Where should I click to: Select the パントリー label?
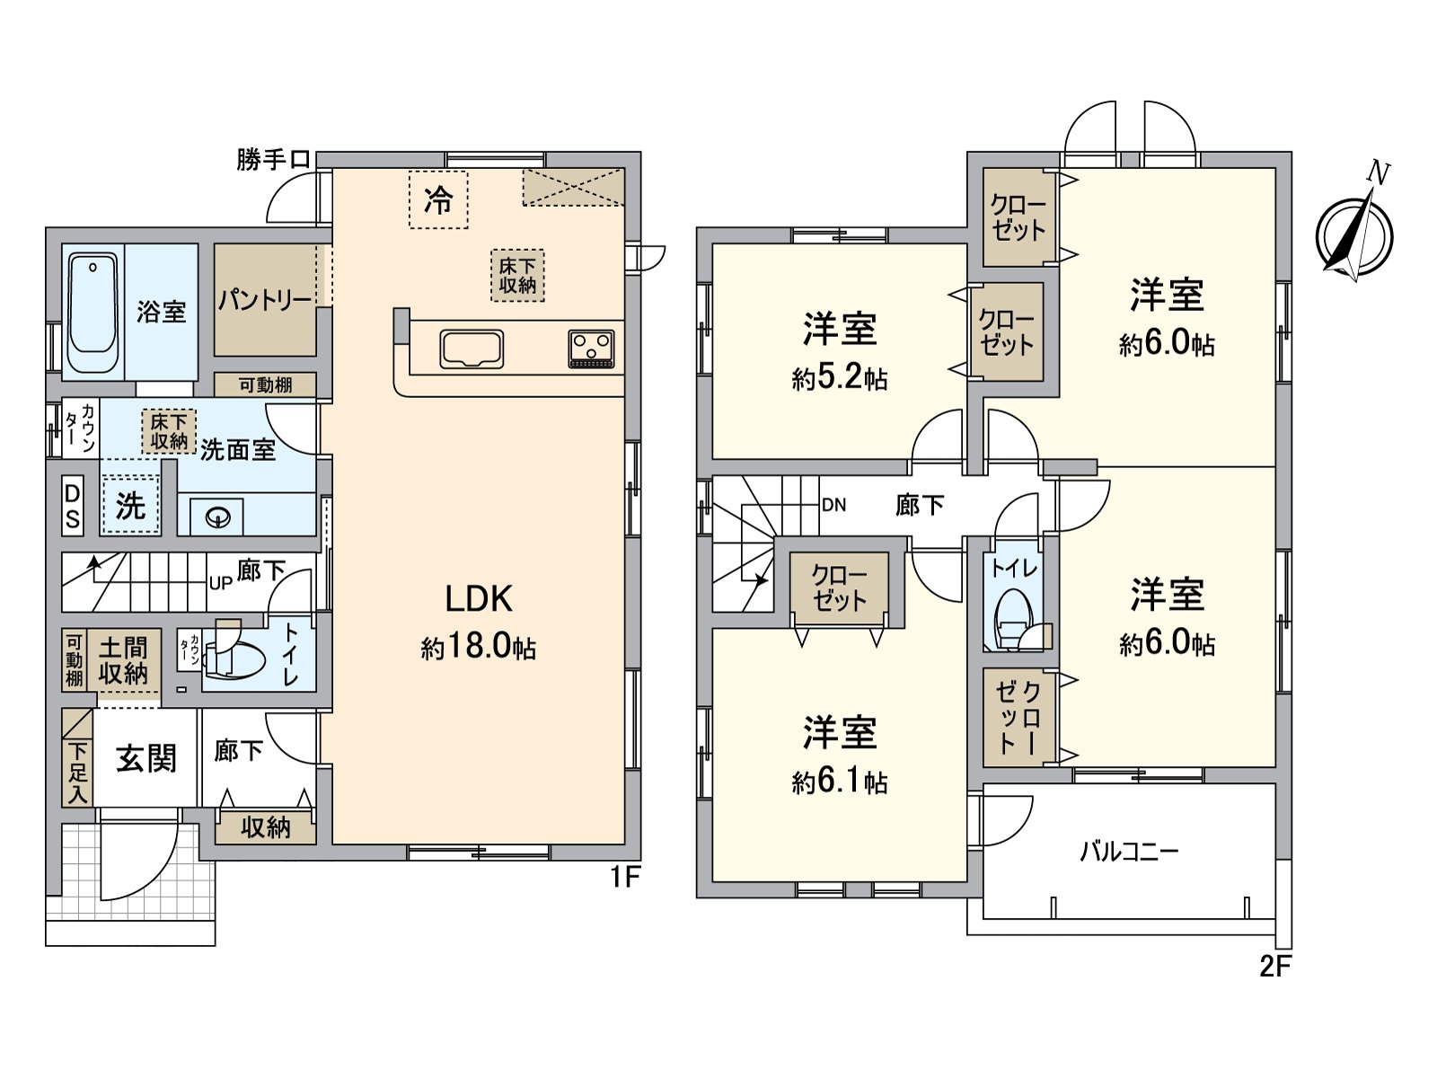point(265,300)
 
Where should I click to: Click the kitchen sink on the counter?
point(472,349)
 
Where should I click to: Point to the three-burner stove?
point(593,349)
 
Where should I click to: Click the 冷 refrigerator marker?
point(438,200)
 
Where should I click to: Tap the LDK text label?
point(479,598)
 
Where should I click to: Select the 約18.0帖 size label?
point(479,647)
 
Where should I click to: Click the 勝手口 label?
point(273,160)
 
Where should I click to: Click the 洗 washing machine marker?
point(130,506)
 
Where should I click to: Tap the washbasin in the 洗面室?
point(218,517)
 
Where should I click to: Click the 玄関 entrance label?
point(145,760)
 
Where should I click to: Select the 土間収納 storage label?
point(123,659)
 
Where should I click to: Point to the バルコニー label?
point(1129,851)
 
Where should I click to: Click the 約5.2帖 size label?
point(840,379)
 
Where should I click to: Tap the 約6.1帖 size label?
point(840,783)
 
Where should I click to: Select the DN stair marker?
point(833,505)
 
